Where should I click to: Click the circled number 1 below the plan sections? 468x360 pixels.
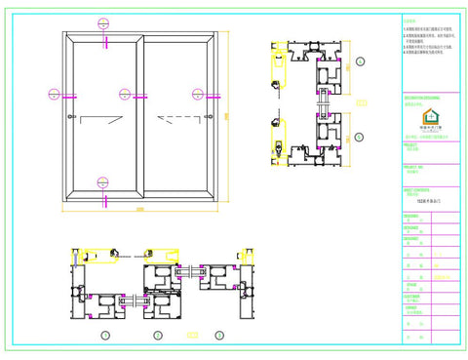[x=105, y=336]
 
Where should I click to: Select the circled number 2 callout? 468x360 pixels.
[x=158, y=336]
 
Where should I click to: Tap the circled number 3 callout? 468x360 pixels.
[x=219, y=336]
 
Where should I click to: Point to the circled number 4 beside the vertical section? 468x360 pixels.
[x=360, y=61]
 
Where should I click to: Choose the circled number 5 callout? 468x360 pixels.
[x=360, y=138]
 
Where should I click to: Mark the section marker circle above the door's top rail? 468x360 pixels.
[x=103, y=21]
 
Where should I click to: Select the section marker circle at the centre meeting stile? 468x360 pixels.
[x=125, y=95]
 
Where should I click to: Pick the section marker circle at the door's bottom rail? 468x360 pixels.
[x=103, y=179]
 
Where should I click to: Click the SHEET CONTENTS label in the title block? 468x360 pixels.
[x=416, y=190]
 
